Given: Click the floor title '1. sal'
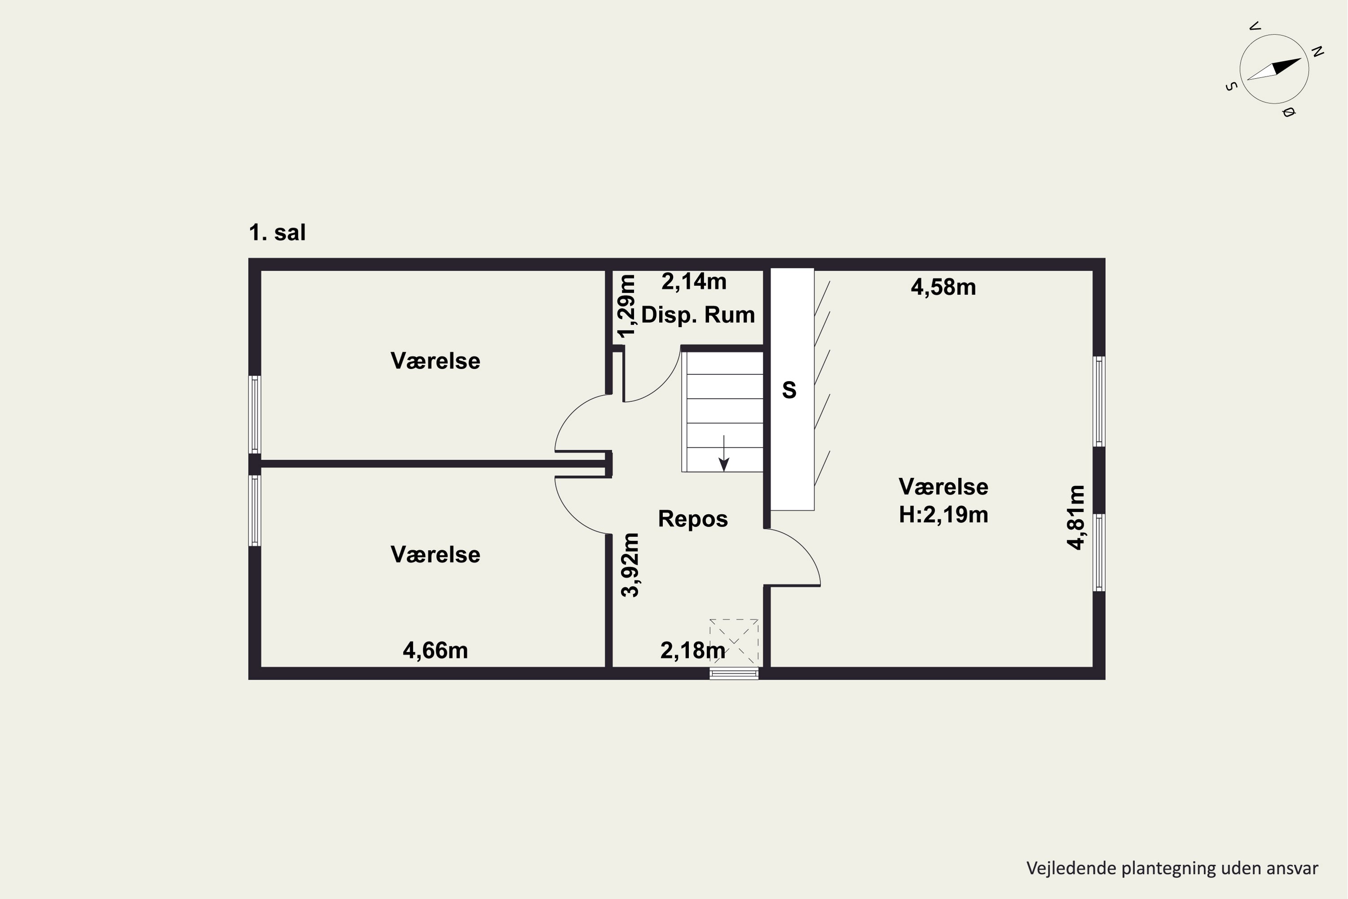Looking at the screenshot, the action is click(x=277, y=232).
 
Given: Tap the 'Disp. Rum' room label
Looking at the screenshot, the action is click(x=697, y=315).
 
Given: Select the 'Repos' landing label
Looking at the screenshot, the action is click(x=693, y=518).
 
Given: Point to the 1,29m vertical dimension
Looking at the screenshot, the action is click(x=626, y=306).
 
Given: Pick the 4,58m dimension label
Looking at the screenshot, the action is click(x=943, y=287).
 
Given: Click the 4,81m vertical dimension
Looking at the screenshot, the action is click(x=1076, y=517).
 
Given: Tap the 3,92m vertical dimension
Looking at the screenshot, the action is click(x=630, y=565).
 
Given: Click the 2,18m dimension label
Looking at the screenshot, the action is click(x=692, y=650).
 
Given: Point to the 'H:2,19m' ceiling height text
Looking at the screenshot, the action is click(x=943, y=515).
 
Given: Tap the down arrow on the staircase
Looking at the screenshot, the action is click(x=724, y=453).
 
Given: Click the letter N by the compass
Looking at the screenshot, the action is click(x=1317, y=52).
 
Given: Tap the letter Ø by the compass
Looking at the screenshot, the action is click(x=1287, y=112).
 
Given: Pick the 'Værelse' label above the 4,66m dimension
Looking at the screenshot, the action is click(x=435, y=554).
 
